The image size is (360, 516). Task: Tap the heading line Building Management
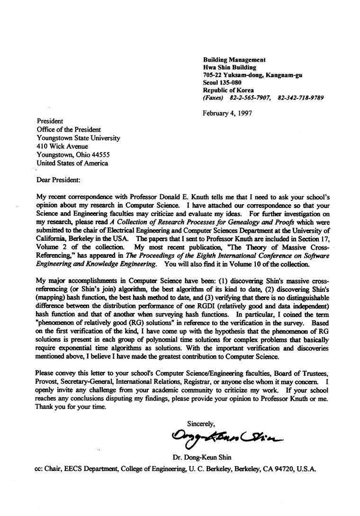234,60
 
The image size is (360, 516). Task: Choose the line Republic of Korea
228,90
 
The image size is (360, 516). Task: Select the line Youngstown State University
78,138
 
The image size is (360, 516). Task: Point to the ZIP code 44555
99,155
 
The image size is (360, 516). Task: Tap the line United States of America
72,163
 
